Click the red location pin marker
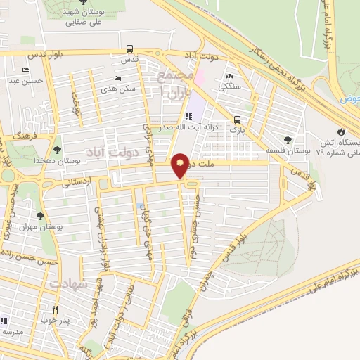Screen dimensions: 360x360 (180, 165)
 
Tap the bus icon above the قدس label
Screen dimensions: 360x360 (130, 49)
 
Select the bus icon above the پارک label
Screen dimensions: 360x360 (238, 119)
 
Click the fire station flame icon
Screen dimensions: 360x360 (341, 131)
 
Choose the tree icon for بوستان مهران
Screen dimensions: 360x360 (40, 216)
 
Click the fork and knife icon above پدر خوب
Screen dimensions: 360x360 (56, 309)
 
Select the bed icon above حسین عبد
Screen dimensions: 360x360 (26, 70)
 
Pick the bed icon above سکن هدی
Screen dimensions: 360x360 (116, 78)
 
